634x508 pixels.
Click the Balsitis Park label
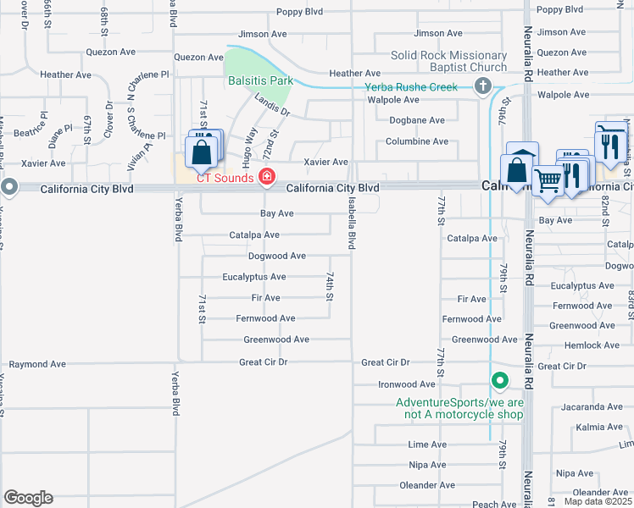click(x=259, y=81)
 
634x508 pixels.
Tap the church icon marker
click(x=482, y=86)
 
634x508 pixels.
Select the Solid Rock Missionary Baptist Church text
click(x=448, y=62)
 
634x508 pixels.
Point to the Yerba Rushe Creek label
click(x=411, y=87)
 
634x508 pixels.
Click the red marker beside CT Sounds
click(x=267, y=177)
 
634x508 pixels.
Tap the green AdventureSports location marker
click(x=500, y=382)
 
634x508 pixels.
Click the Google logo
click(x=28, y=498)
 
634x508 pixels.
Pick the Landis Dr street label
click(x=270, y=104)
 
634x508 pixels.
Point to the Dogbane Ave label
click(x=416, y=120)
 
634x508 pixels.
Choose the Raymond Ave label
click(x=37, y=364)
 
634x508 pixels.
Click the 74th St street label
click(x=330, y=286)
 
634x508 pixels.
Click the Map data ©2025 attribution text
click(x=598, y=501)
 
